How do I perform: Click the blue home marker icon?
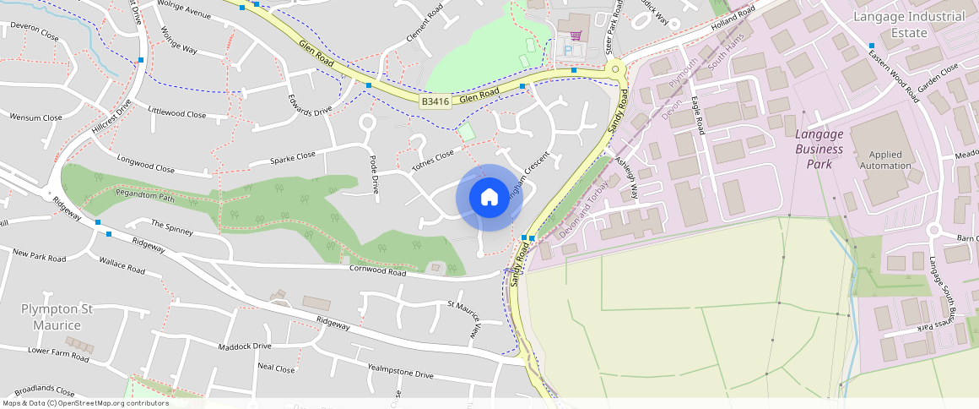pyautogui.click(x=489, y=198)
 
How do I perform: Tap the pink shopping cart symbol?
pyautogui.click(x=576, y=36)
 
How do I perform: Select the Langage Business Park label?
pyautogui.click(x=819, y=148)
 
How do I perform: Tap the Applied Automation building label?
pyautogui.click(x=885, y=161)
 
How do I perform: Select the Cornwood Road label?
pyautogui.click(x=377, y=272)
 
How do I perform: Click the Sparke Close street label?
pyautogui.click(x=292, y=157)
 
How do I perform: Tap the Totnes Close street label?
pyautogui.click(x=433, y=161)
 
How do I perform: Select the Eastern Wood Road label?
pyautogui.click(x=894, y=76)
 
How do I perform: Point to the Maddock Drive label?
pyautogui.click(x=245, y=346)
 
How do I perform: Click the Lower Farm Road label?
pyautogui.click(x=58, y=353)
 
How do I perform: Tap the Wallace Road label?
pyautogui.click(x=122, y=267)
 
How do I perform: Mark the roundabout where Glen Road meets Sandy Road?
pyautogui.click(x=615, y=69)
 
